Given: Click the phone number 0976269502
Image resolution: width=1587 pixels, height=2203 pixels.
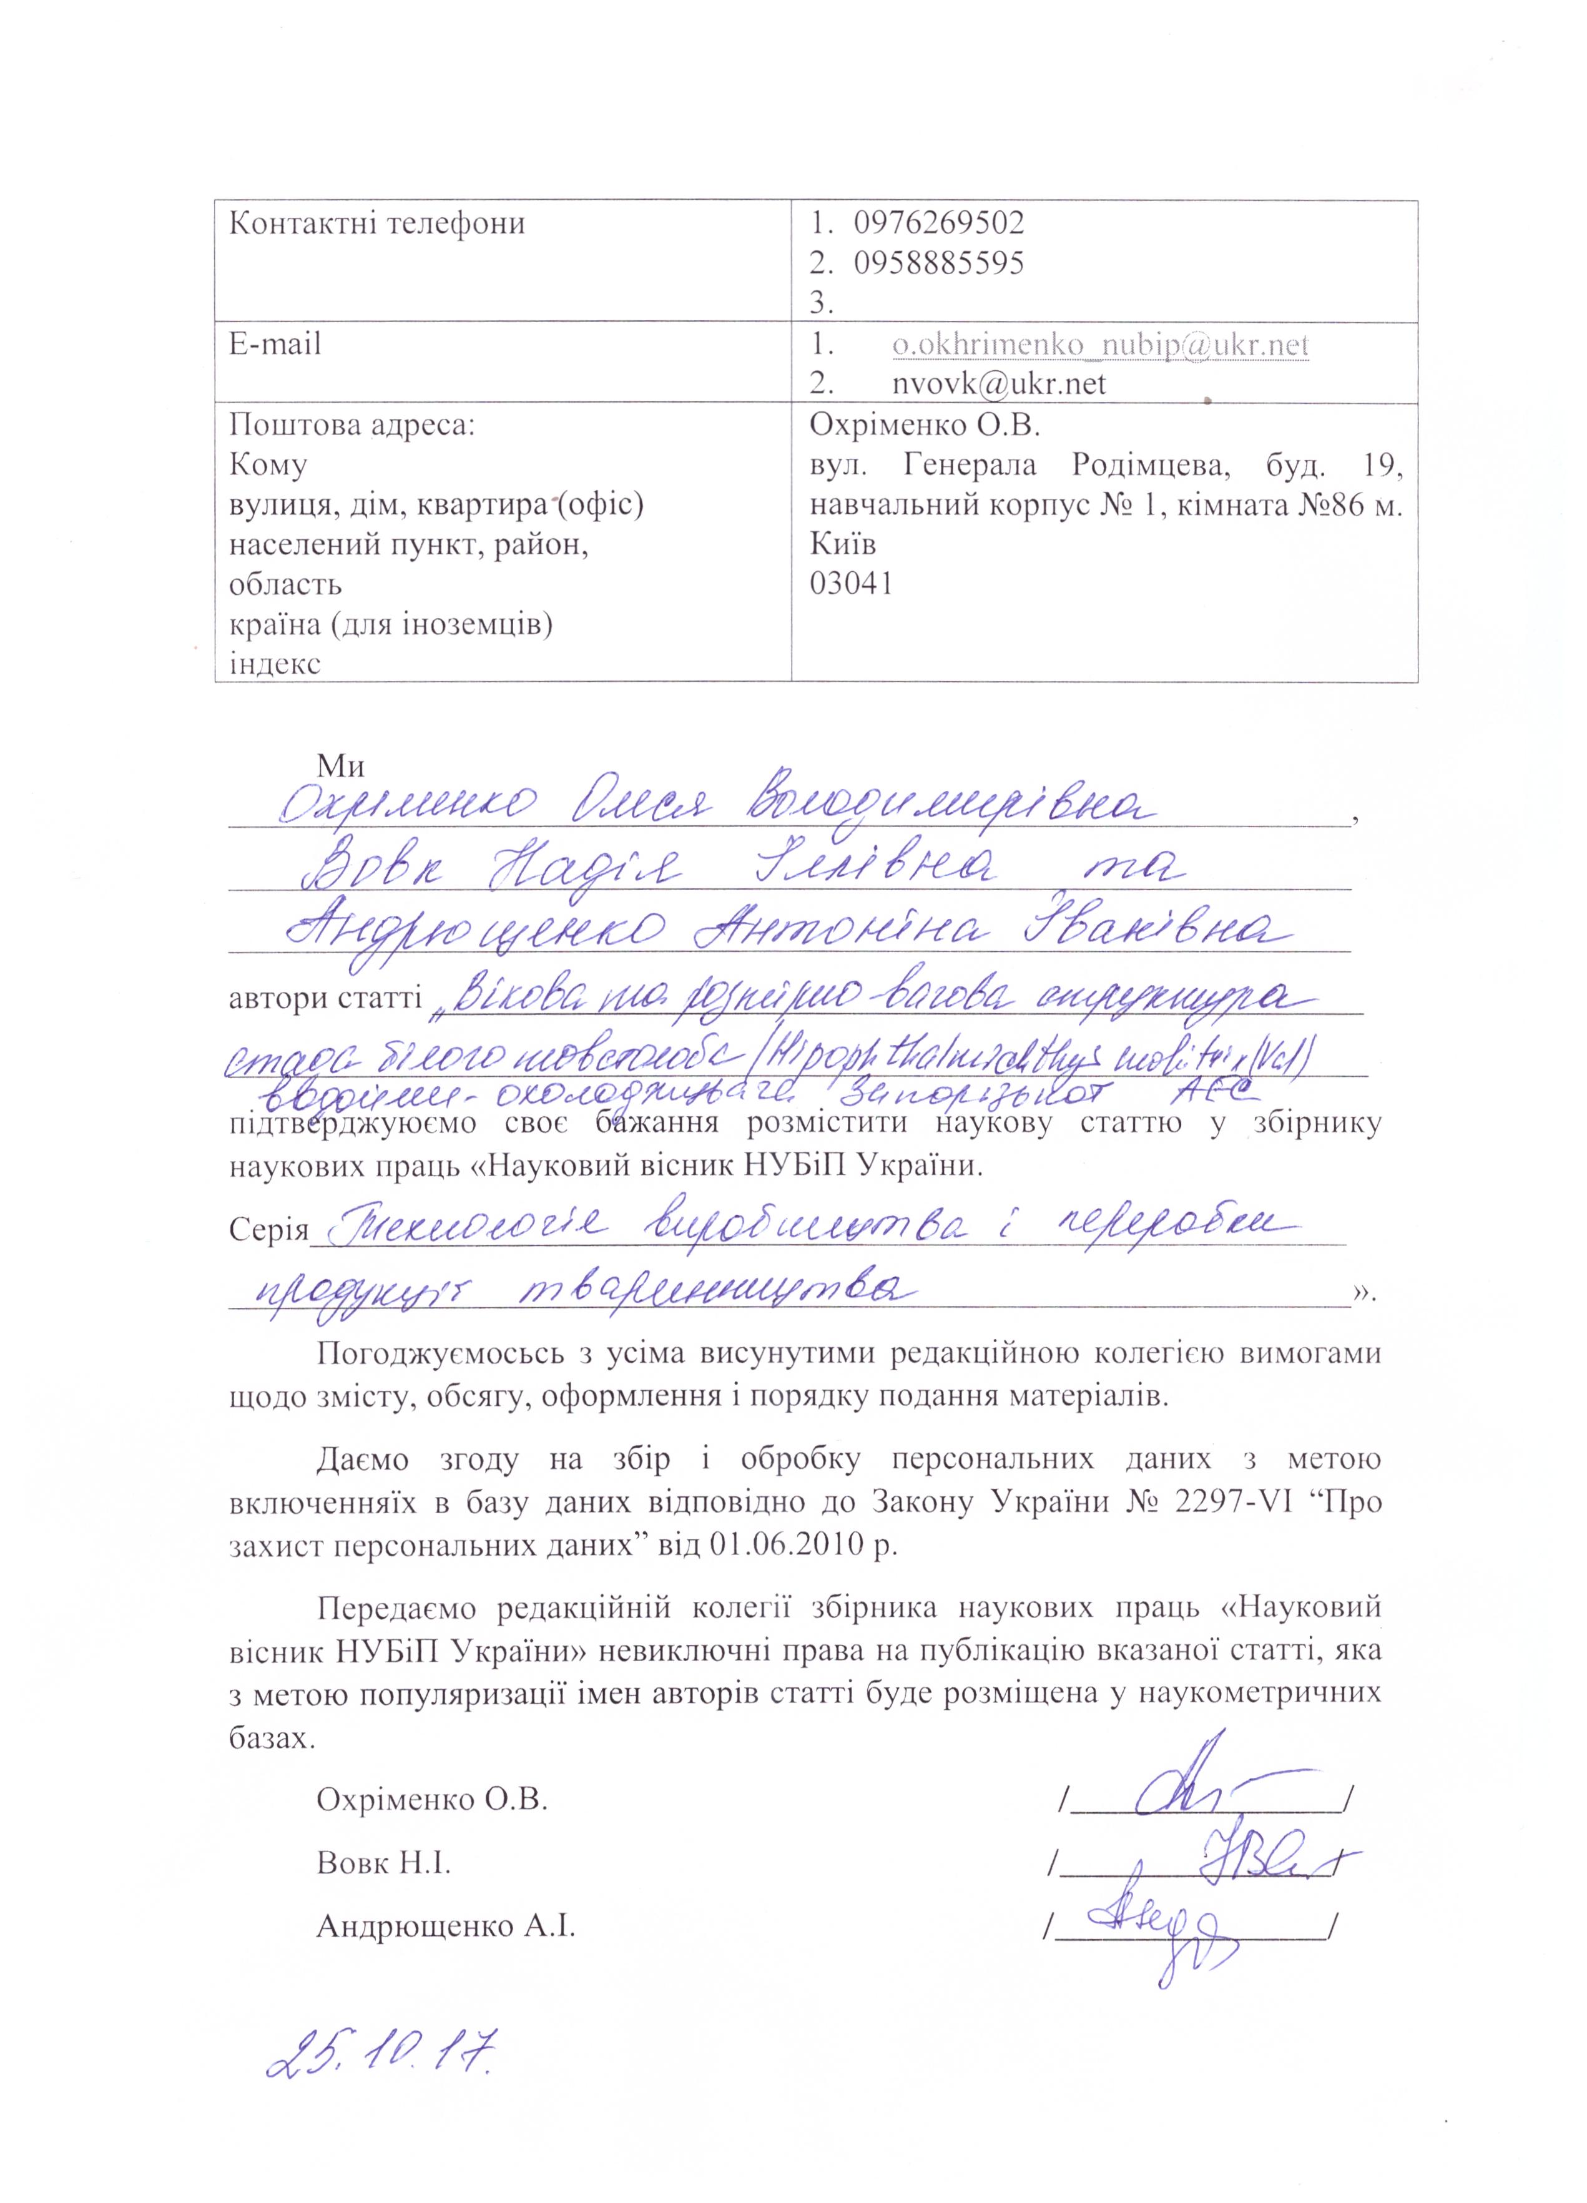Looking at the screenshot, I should pyautogui.click(x=938, y=223).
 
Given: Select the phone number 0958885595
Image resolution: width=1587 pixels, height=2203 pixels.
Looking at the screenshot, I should pyautogui.click(x=938, y=263).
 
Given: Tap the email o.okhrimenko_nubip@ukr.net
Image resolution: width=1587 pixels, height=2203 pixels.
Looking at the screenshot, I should pyautogui.click(x=1101, y=345).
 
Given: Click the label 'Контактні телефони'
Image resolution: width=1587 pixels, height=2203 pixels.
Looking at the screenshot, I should pyautogui.click(x=377, y=224).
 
